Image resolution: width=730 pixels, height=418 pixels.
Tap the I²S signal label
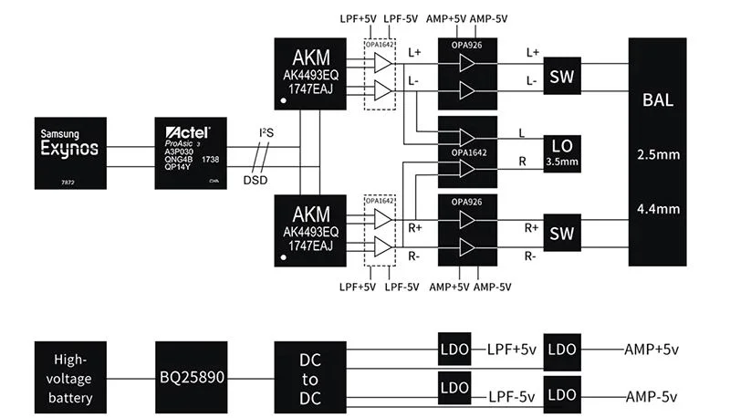tap(266, 133)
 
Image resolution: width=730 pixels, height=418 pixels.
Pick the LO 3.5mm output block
tap(561, 152)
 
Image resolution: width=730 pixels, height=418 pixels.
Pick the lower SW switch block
tap(561, 234)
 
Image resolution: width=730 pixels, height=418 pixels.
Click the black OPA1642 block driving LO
tap(467, 152)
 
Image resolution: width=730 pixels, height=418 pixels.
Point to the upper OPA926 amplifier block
tap(467, 76)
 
